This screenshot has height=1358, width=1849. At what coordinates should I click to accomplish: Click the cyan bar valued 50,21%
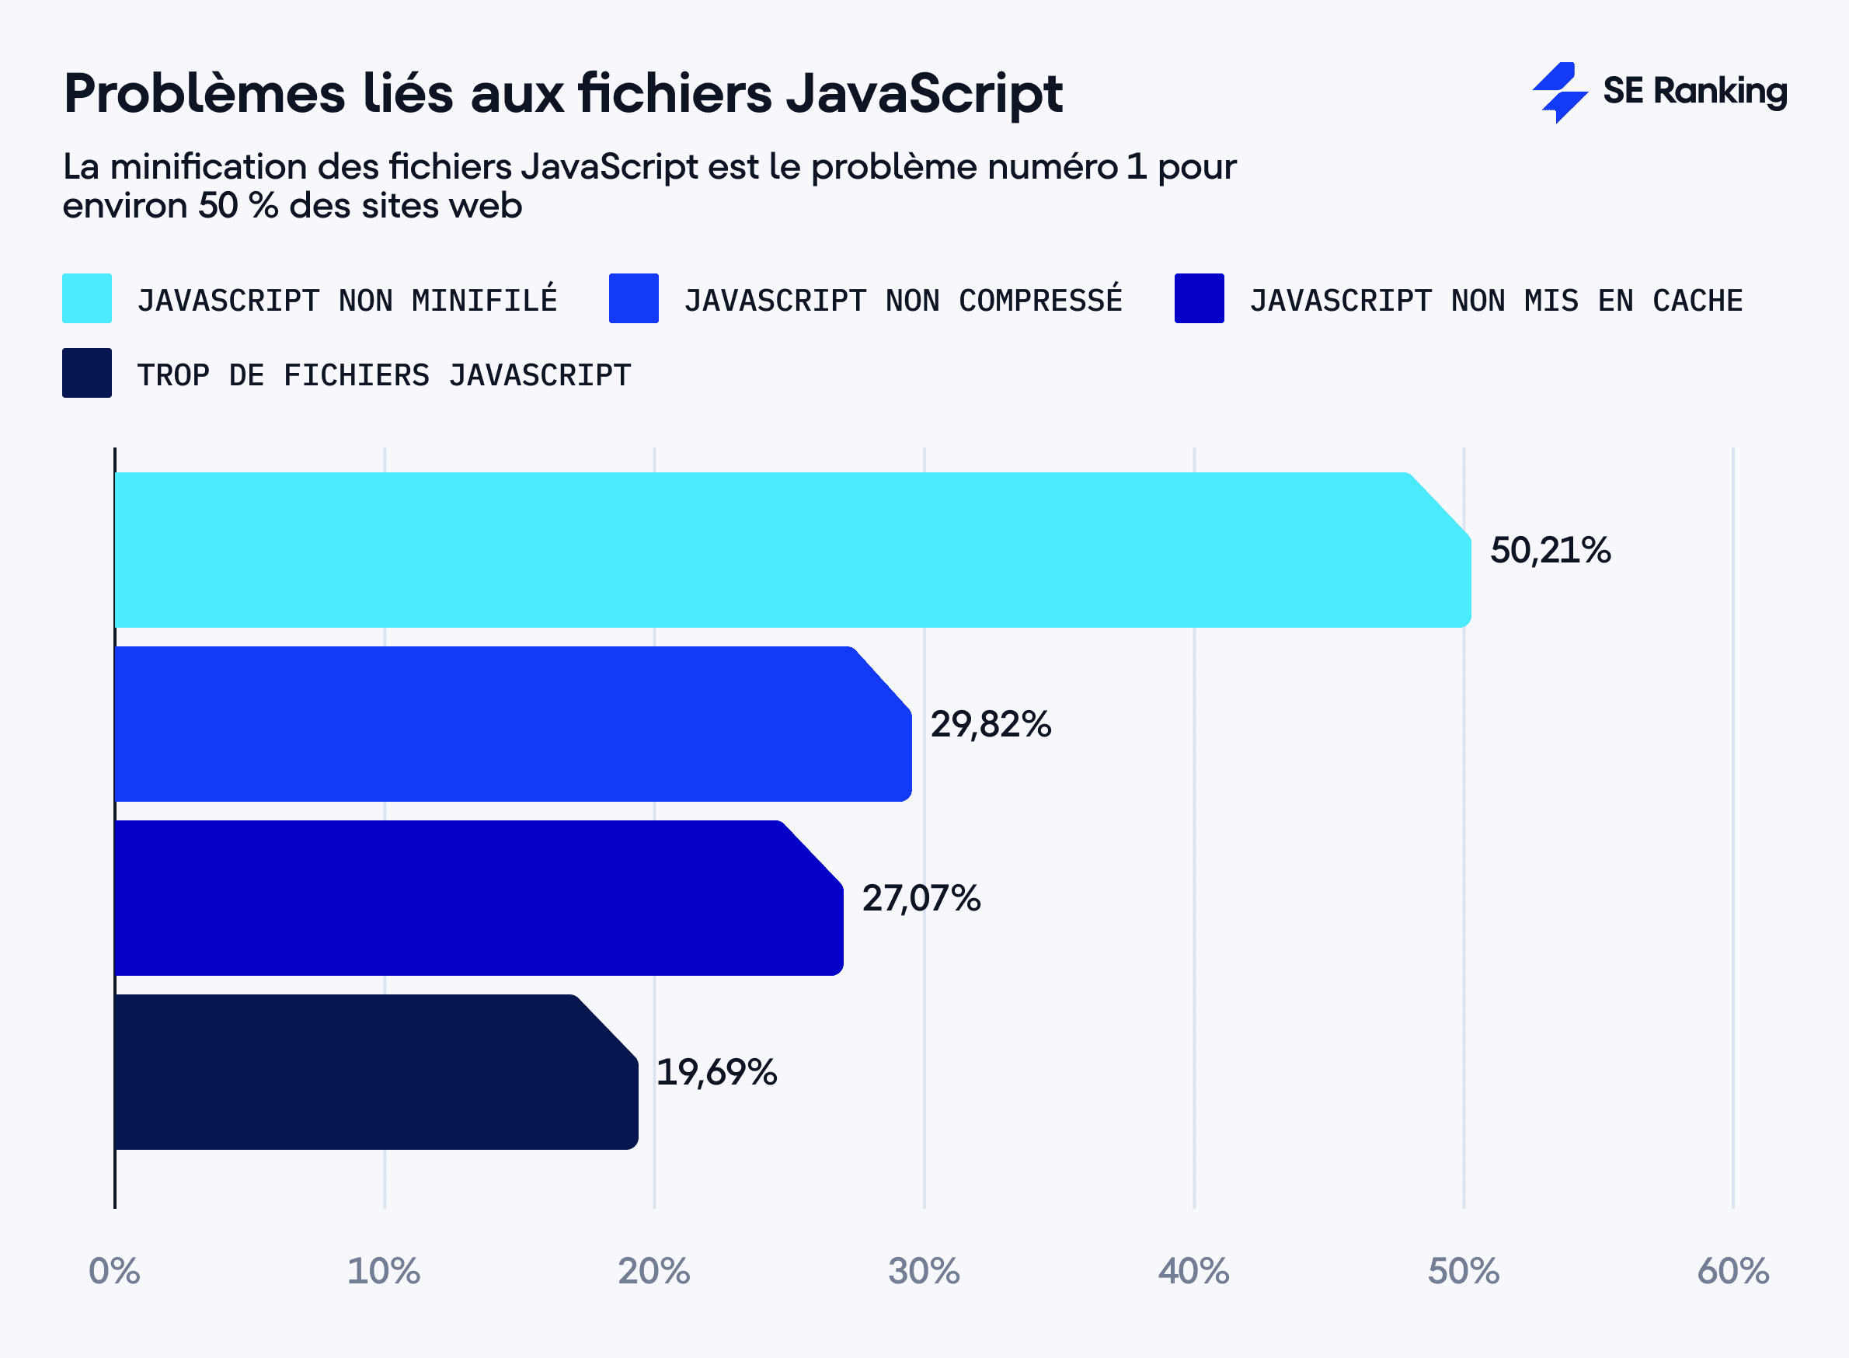789,549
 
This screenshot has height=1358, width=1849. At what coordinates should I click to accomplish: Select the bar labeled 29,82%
510,723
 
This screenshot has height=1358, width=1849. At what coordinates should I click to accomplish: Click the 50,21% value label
1550,550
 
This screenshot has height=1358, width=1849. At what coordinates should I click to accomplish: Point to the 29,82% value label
990,724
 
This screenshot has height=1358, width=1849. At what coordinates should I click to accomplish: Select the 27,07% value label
921,897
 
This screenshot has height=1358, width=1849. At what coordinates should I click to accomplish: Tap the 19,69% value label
716,1072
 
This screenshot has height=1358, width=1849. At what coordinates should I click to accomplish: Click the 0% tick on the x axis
114,1271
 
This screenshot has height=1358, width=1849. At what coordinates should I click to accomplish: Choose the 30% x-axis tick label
923,1271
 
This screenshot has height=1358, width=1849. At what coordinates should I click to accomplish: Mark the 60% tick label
1732,1271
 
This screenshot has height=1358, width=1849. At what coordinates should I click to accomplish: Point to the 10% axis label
383,1271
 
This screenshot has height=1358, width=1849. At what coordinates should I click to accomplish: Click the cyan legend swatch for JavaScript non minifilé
87,298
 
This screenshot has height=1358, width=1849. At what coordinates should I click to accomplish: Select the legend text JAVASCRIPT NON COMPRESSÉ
903,300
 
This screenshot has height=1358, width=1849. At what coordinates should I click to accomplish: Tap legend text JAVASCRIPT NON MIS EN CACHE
1496,300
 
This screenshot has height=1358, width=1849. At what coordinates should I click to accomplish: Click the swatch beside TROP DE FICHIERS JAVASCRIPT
87,373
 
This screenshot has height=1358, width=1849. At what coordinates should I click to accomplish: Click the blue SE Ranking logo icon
1558,92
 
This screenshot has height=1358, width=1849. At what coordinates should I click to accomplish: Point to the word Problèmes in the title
204,92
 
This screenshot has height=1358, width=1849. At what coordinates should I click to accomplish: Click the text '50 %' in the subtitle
239,206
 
